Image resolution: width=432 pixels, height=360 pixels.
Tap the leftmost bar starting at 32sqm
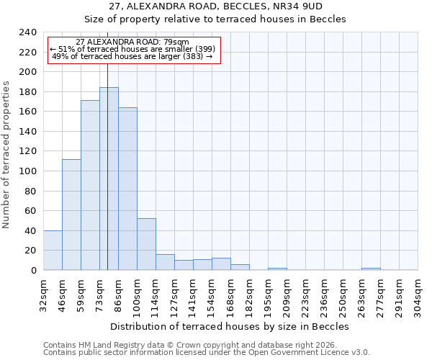pyautogui.click(x=53, y=250)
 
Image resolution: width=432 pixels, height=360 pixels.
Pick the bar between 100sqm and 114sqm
pyautogui.click(x=146, y=244)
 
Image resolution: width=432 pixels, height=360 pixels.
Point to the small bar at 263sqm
pyautogui.click(x=371, y=269)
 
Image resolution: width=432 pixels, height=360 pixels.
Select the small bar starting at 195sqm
pyautogui.click(x=277, y=269)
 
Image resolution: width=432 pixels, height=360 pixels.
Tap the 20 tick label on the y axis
pyautogui.click(x=30, y=251)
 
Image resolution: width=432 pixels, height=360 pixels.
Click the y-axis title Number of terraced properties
pyautogui.click(x=7, y=154)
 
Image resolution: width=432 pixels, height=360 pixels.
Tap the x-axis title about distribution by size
pyautogui.click(x=230, y=326)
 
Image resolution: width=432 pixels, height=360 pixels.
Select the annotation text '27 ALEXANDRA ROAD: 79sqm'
pyautogui.click(x=132, y=42)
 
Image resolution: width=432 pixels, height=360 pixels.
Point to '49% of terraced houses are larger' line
pyautogui.click(x=132, y=56)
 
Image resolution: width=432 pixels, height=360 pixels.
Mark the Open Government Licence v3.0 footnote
pyautogui.click(x=207, y=353)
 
